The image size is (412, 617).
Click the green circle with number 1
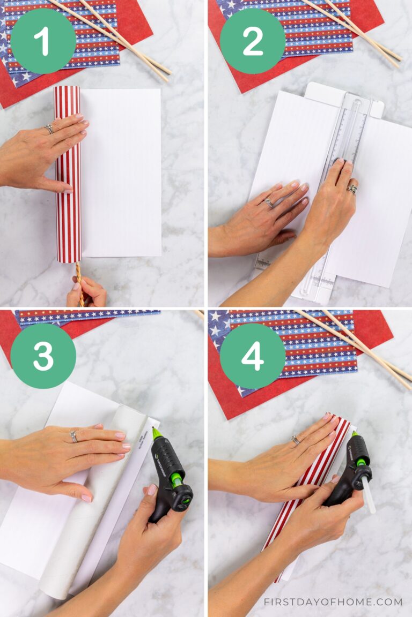(43, 41)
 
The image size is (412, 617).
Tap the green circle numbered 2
(253, 41)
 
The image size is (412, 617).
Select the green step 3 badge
(43, 356)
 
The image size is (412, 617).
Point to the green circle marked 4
(253, 356)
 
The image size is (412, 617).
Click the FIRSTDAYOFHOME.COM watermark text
(333, 601)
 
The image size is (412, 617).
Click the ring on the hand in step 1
(49, 129)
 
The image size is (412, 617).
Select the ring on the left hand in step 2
(269, 202)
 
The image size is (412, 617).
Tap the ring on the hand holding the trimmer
(352, 189)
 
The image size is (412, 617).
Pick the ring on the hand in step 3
(74, 437)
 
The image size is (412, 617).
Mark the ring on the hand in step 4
(295, 440)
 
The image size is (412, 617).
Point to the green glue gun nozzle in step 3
(157, 433)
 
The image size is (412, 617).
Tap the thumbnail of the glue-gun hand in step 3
(152, 490)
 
